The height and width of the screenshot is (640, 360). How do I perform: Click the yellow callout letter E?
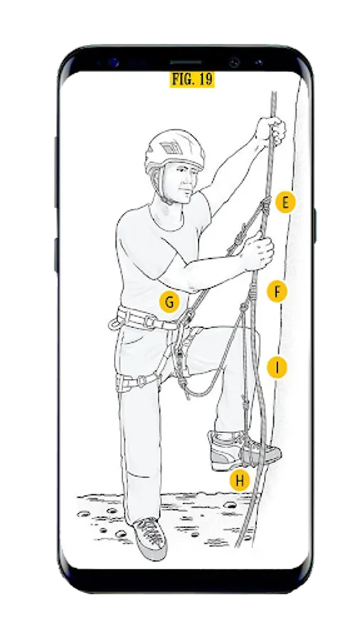pos(285,203)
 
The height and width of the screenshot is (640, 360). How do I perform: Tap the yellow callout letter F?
pos(277,292)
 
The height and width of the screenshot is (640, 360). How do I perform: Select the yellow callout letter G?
pos(169,302)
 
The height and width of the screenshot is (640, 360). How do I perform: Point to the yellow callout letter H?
pos(240,481)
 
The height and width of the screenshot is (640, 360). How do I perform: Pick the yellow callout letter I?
pos(277,368)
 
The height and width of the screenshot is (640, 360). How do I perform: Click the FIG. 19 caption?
pos(192,79)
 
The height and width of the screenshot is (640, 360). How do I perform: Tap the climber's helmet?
pos(174,151)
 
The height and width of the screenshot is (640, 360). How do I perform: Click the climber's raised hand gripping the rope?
pos(270,131)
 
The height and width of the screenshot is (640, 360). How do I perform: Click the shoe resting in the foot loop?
pos(243,450)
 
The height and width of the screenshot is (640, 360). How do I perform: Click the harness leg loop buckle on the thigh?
pos(142,380)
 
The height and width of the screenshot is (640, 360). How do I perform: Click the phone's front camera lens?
pos(234,63)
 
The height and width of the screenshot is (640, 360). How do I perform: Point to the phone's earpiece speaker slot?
pos(186,63)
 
